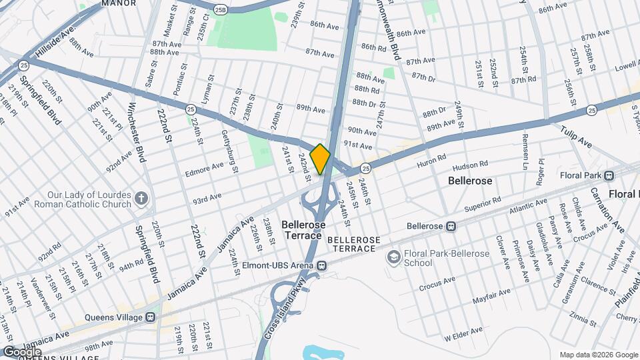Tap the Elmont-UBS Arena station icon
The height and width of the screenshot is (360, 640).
(322, 265)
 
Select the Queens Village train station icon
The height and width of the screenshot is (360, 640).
(151, 317)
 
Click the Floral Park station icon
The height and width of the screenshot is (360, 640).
(609, 176)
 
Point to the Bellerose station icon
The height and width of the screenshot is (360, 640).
(451, 226)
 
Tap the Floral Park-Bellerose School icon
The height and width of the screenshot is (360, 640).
(393, 257)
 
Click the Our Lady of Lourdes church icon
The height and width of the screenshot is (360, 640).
(141, 198)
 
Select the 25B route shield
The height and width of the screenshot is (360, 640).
(221, 9)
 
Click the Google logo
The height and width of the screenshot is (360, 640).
(21, 351)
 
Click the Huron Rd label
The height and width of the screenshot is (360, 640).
(430, 160)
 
